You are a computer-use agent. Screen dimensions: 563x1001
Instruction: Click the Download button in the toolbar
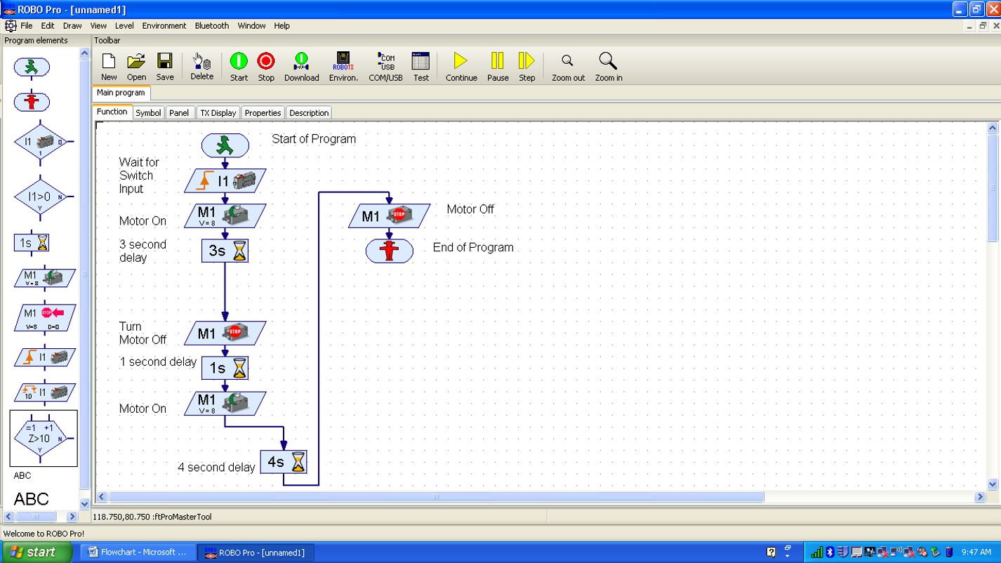click(x=301, y=67)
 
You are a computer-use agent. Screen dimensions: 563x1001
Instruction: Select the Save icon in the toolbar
click(x=165, y=67)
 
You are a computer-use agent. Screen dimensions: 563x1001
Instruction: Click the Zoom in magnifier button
click(x=608, y=67)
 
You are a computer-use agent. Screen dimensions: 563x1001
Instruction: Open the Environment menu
click(x=164, y=26)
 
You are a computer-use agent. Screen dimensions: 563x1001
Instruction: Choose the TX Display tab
click(x=218, y=113)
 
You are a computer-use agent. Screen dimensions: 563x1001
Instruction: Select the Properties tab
click(x=263, y=113)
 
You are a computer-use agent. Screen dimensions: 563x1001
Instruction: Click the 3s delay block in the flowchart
click(x=225, y=251)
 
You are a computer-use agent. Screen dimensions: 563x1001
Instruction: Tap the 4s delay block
click(x=284, y=462)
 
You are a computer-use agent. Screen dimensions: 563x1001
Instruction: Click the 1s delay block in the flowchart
click(x=225, y=368)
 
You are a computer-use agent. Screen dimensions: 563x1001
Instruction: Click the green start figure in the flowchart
click(x=225, y=145)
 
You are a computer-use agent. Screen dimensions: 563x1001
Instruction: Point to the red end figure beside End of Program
click(x=389, y=251)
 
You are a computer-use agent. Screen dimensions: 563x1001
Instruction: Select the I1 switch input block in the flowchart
click(x=225, y=181)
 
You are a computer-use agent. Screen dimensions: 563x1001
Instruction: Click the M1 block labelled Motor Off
click(x=389, y=216)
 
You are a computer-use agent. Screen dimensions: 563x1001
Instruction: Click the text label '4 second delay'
click(x=216, y=468)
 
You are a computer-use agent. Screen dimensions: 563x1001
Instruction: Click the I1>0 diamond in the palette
click(x=39, y=197)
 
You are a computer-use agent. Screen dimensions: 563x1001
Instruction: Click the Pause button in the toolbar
click(x=498, y=67)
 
